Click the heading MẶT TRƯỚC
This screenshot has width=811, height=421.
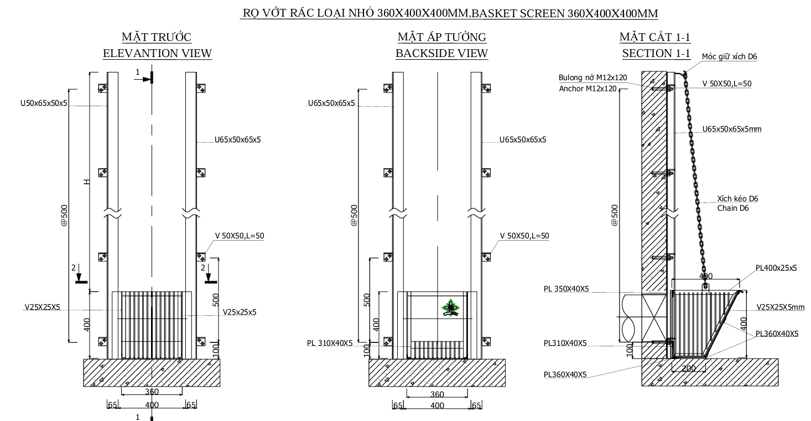[157, 37]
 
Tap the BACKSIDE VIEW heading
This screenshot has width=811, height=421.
[441, 54]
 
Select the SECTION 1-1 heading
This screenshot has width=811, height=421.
[656, 54]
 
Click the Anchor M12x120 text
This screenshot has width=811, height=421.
[588, 88]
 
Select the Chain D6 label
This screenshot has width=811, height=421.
[734, 208]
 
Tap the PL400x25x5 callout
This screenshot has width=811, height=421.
[776, 268]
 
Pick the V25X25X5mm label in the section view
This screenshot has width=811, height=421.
[780, 307]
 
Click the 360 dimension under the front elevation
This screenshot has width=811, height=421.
[152, 392]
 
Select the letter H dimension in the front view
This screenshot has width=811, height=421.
[86, 182]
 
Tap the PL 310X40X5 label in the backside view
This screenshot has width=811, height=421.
[330, 343]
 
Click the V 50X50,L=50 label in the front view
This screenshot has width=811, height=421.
[240, 236]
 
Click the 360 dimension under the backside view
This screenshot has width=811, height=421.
[437, 394]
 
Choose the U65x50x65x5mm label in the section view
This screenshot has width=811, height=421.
[732, 129]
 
